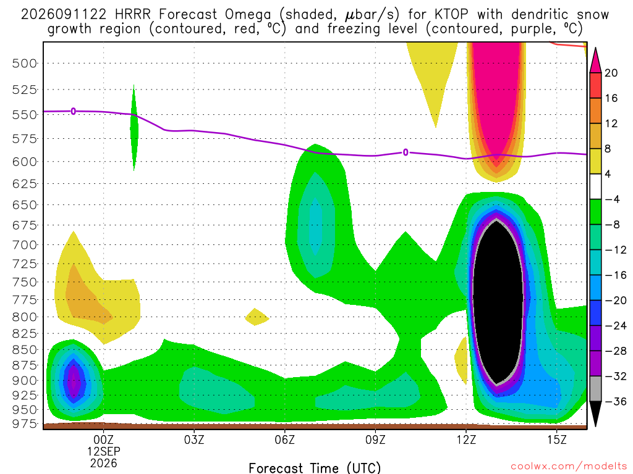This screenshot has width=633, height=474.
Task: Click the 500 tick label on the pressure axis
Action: point(24,64)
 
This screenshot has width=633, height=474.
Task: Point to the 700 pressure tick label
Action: point(24,244)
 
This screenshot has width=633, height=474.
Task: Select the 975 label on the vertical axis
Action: point(24,423)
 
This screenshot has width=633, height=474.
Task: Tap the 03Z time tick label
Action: point(194,439)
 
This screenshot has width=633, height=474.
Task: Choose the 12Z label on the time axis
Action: point(466,439)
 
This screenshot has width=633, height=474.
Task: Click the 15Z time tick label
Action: point(557,439)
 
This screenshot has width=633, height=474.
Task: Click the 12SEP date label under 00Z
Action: point(104,451)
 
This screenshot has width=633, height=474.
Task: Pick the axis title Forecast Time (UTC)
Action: point(315,468)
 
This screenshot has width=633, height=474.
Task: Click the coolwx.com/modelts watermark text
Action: point(569,467)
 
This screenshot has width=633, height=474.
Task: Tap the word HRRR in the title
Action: point(133,15)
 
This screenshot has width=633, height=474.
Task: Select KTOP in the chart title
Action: point(452,15)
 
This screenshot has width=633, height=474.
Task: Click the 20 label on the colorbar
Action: point(611,73)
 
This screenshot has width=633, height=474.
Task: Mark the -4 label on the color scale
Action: point(612,199)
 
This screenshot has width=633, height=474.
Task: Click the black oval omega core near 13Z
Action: point(498,301)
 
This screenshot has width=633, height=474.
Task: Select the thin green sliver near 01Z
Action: point(134,128)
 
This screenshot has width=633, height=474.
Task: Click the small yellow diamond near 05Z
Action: point(257,317)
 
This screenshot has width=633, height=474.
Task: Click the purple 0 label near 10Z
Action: point(406,152)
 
